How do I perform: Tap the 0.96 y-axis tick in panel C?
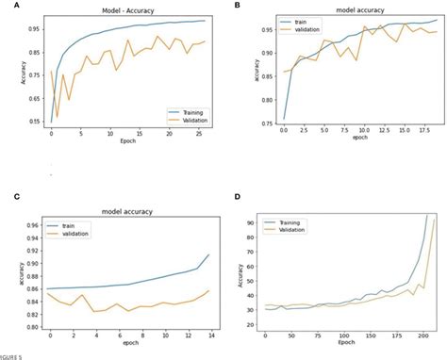[x=34, y=226]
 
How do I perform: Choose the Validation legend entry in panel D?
[x=295, y=228]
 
